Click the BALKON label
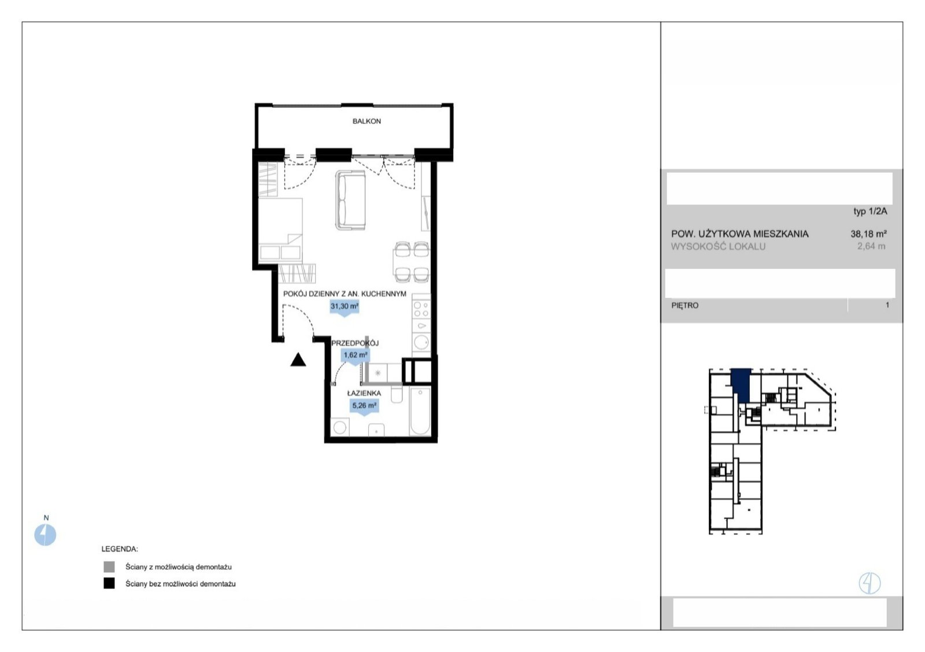click(x=367, y=121)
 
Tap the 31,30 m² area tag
click(x=344, y=307)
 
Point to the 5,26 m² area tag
click(x=364, y=406)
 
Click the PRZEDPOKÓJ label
click(x=355, y=343)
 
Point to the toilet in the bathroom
click(x=397, y=394)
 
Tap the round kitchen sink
click(x=421, y=342)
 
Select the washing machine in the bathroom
click(x=340, y=427)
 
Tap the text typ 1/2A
click(x=870, y=212)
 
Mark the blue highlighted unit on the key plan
click(x=741, y=386)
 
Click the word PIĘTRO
click(x=684, y=306)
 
